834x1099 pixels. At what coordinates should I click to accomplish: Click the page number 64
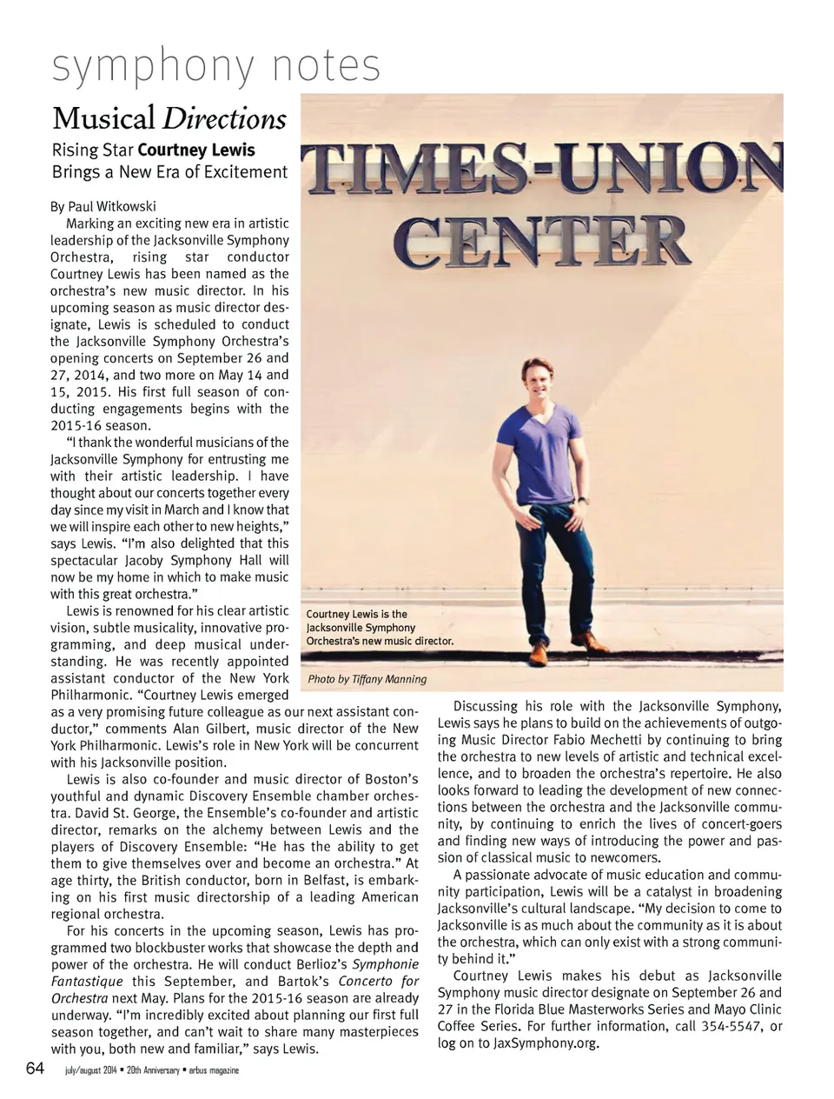pos(35,1068)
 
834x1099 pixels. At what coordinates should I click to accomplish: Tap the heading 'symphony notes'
pos(216,66)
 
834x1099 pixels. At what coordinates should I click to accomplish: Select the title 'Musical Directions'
pos(169,118)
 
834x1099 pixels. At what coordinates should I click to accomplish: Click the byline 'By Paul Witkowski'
pos(103,206)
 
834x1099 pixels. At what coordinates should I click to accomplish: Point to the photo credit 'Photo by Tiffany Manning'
pos(367,679)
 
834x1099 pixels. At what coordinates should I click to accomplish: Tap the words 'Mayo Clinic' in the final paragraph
pos(747,1009)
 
